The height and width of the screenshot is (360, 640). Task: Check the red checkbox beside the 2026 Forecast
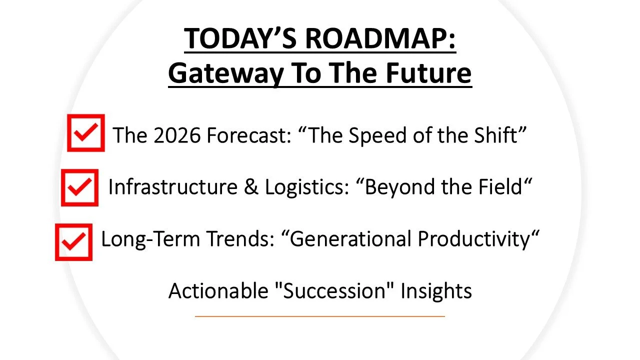click(x=86, y=133)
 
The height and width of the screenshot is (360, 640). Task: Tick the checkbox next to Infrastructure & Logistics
click(x=80, y=187)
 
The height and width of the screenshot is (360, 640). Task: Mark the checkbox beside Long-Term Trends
click(x=74, y=242)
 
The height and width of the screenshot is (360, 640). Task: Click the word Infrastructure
click(x=172, y=187)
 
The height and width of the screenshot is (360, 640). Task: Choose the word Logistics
click(x=304, y=187)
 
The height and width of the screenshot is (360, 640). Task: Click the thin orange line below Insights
click(x=319, y=316)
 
